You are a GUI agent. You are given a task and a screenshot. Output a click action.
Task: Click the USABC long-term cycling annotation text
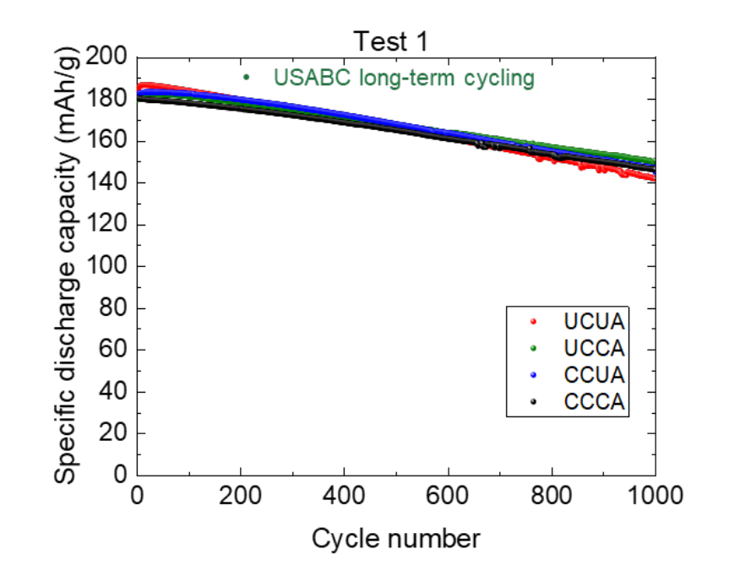pyautogui.click(x=404, y=78)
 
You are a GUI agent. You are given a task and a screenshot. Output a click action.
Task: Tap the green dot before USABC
pyautogui.click(x=247, y=78)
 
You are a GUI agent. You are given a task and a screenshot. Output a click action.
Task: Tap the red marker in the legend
pyautogui.click(x=533, y=322)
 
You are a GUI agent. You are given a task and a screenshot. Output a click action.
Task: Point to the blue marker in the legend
pyautogui.click(x=533, y=375)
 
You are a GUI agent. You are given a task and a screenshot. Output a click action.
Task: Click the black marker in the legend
pyautogui.click(x=533, y=402)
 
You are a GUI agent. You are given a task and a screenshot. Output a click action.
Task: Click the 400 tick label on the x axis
pyautogui.click(x=345, y=496)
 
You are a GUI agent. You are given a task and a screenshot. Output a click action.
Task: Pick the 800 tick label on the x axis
pyautogui.click(x=552, y=496)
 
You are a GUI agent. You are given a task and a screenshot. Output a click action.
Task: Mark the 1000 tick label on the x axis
pyautogui.click(x=655, y=496)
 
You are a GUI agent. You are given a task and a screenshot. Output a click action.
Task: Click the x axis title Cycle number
pyautogui.click(x=396, y=538)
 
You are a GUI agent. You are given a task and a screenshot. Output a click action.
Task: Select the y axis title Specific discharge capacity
pyautogui.click(x=68, y=266)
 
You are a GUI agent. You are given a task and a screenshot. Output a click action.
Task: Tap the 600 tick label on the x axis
pyautogui.click(x=448, y=496)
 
